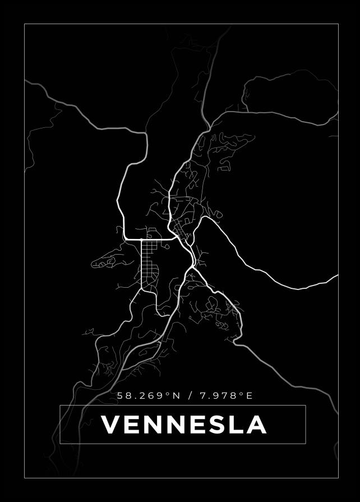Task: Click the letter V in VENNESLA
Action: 112,425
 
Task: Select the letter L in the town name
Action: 236,425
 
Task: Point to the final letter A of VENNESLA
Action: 256,425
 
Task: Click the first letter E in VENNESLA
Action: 132,425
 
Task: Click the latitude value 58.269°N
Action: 149,396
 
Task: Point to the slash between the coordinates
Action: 191,396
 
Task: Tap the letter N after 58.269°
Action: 177,396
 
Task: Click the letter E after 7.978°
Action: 250,396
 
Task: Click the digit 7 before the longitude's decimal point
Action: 202,396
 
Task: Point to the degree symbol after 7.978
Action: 242,394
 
